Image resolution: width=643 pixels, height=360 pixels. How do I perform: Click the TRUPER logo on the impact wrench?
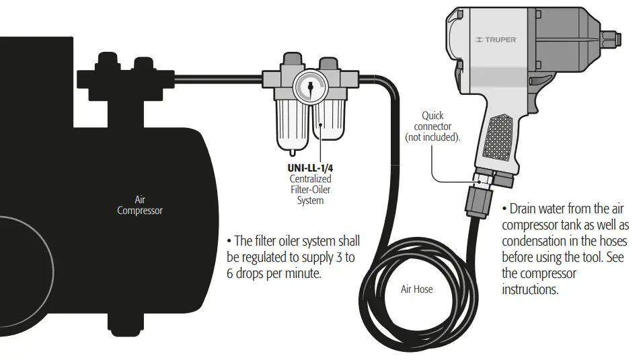pyautogui.click(x=496, y=40)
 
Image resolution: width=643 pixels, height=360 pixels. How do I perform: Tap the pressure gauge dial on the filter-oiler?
pyautogui.click(x=309, y=87)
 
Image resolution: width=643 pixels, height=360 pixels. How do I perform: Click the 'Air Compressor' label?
pyautogui.click(x=140, y=205)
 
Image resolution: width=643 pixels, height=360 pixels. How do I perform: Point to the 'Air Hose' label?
pyautogui.click(x=416, y=289)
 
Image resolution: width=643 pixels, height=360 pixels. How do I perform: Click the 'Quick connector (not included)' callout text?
pyautogui.click(x=432, y=127)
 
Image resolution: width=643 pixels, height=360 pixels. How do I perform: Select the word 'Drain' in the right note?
pyautogui.click(x=527, y=209)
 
